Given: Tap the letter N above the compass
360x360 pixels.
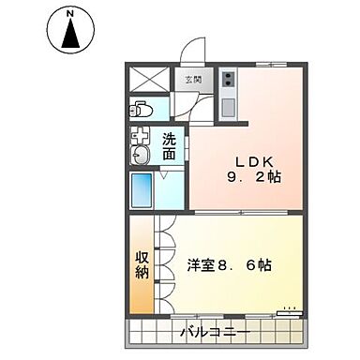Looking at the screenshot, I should [71, 14].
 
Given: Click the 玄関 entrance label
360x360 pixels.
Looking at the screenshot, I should [191, 80].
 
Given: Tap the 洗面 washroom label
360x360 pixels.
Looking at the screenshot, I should [169, 147].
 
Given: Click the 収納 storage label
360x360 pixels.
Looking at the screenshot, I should [142, 264].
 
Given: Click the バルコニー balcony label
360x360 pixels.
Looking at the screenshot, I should [213, 332].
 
